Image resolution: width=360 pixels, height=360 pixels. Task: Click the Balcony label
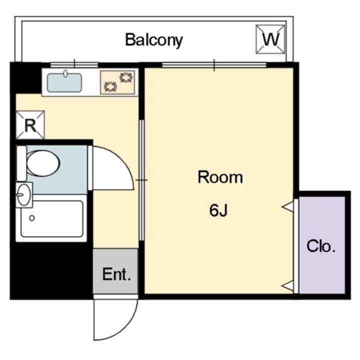click(154, 40)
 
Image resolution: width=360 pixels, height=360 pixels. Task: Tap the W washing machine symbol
click(270, 39)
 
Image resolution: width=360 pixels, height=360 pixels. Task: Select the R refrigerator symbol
click(30, 125)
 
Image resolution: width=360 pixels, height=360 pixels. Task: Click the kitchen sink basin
click(64, 82)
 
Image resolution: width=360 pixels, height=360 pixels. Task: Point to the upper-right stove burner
click(126, 77)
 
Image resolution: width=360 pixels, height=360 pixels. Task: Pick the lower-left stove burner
click(110, 87)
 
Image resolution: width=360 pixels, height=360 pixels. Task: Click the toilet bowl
click(43, 163)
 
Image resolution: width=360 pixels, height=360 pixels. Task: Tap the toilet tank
click(21, 163)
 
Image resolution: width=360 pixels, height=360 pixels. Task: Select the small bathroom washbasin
click(24, 195)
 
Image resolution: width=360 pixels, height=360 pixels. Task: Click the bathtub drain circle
click(32, 218)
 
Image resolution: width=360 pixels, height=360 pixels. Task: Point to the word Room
click(220, 177)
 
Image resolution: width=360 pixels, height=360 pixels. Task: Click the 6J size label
click(218, 210)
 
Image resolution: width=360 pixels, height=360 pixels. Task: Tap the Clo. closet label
click(321, 246)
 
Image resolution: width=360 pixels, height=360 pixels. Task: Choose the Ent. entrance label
click(116, 274)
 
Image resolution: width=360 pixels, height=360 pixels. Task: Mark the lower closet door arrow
click(288, 286)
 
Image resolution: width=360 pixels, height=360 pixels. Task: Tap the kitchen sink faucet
click(65, 73)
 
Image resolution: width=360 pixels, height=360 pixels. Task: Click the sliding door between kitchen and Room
click(141, 180)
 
